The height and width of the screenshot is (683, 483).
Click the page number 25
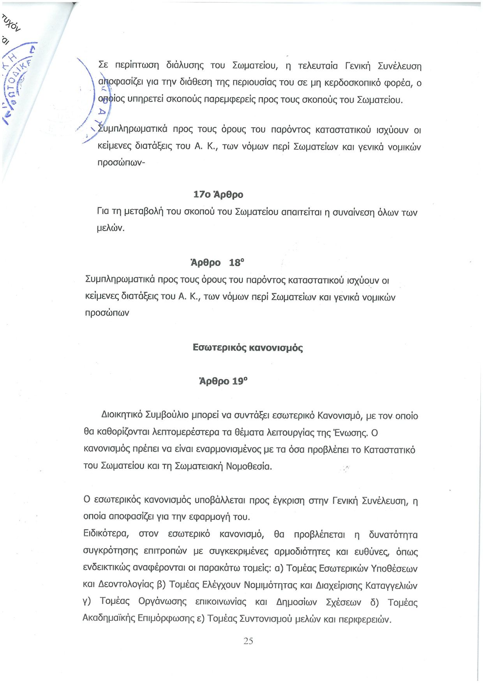[248, 641]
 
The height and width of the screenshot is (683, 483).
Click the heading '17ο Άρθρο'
[218, 194]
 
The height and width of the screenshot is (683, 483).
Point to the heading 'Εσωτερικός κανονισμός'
[248, 347]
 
